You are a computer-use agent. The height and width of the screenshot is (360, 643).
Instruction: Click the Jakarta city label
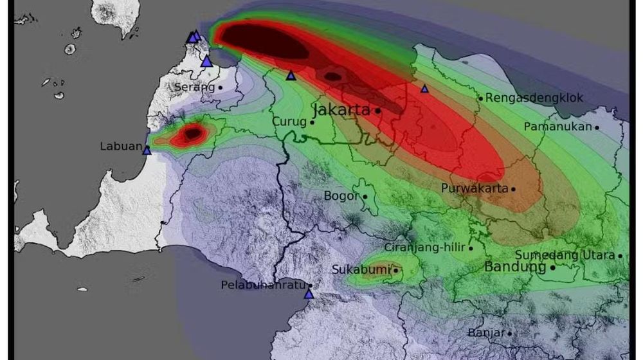pyautogui.click(x=342, y=109)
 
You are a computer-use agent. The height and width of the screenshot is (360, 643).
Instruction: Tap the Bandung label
pyautogui.click(x=515, y=266)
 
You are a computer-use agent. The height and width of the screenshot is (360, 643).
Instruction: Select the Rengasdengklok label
pyautogui.click(x=534, y=98)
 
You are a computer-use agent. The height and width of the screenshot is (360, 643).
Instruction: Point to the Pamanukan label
pyautogui.click(x=557, y=127)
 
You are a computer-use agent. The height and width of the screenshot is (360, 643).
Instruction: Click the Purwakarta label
pyautogui.click(x=475, y=188)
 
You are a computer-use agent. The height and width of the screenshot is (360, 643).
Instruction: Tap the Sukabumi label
pyautogui.click(x=361, y=269)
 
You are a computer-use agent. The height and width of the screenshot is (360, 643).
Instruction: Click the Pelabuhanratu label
pyautogui.click(x=263, y=285)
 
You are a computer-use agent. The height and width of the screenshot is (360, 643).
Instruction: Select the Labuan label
pyautogui.click(x=121, y=147)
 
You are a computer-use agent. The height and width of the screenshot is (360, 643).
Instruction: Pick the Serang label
pyautogui.click(x=195, y=87)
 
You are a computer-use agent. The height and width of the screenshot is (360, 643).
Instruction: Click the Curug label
pyautogui.click(x=289, y=122)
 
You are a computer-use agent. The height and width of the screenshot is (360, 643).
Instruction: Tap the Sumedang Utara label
pyautogui.click(x=566, y=255)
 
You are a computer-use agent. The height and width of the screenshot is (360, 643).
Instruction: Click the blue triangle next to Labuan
pyautogui.click(x=147, y=150)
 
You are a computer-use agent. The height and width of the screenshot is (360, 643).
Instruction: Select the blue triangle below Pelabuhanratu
pyautogui.click(x=309, y=294)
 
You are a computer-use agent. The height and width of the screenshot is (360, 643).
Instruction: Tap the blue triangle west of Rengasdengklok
pyautogui.click(x=424, y=89)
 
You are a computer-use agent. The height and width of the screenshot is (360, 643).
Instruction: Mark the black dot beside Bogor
pyautogui.click(x=365, y=196)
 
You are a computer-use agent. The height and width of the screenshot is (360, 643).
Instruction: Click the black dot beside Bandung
pyautogui.click(x=552, y=267)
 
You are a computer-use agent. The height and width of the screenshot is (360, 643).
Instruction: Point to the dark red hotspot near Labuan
pyautogui.click(x=192, y=134)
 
